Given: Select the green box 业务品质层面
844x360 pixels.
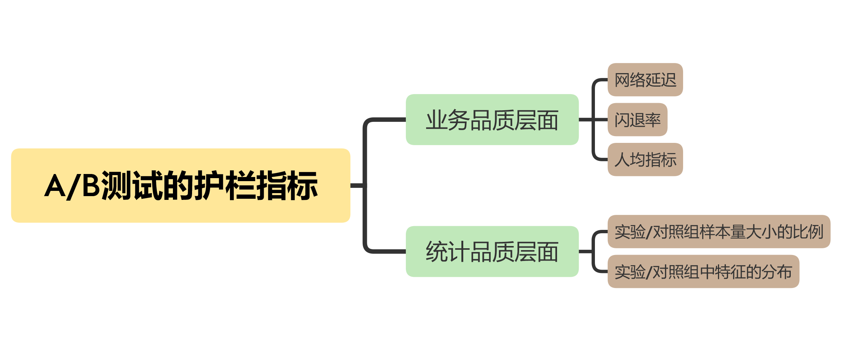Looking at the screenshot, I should point(492,120).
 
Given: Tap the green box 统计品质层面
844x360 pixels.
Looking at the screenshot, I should point(492,251).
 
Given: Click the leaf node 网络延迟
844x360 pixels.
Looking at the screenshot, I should point(645,80).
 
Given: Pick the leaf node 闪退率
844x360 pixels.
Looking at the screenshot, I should point(637,120).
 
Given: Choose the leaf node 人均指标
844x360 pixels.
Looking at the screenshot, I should point(645,159).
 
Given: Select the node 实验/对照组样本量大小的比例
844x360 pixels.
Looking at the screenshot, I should point(718,231).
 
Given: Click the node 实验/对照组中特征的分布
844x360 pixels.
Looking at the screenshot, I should point(703,271).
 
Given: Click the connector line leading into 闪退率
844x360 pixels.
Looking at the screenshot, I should point(600,120).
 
